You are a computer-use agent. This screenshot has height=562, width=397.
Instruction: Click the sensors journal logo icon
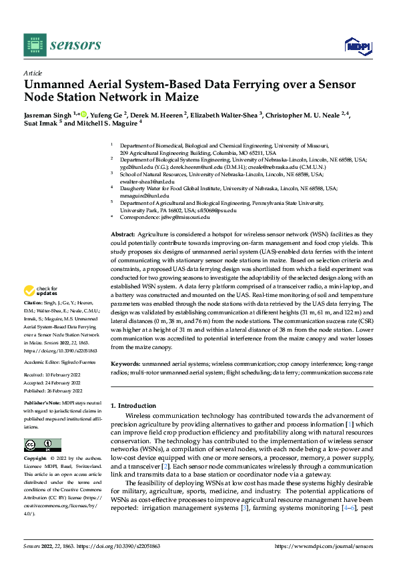[x=34, y=45]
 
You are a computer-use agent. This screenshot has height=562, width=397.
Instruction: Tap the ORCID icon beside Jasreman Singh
[x=84, y=115]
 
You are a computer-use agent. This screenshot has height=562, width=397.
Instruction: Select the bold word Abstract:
[x=122, y=236]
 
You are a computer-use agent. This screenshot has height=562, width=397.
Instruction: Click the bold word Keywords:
[x=125, y=364]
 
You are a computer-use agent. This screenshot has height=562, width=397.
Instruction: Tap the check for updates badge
[x=37, y=291]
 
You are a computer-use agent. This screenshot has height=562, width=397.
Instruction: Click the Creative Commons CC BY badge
[x=42, y=445]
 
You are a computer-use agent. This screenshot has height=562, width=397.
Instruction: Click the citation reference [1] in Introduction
[x=349, y=425]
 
